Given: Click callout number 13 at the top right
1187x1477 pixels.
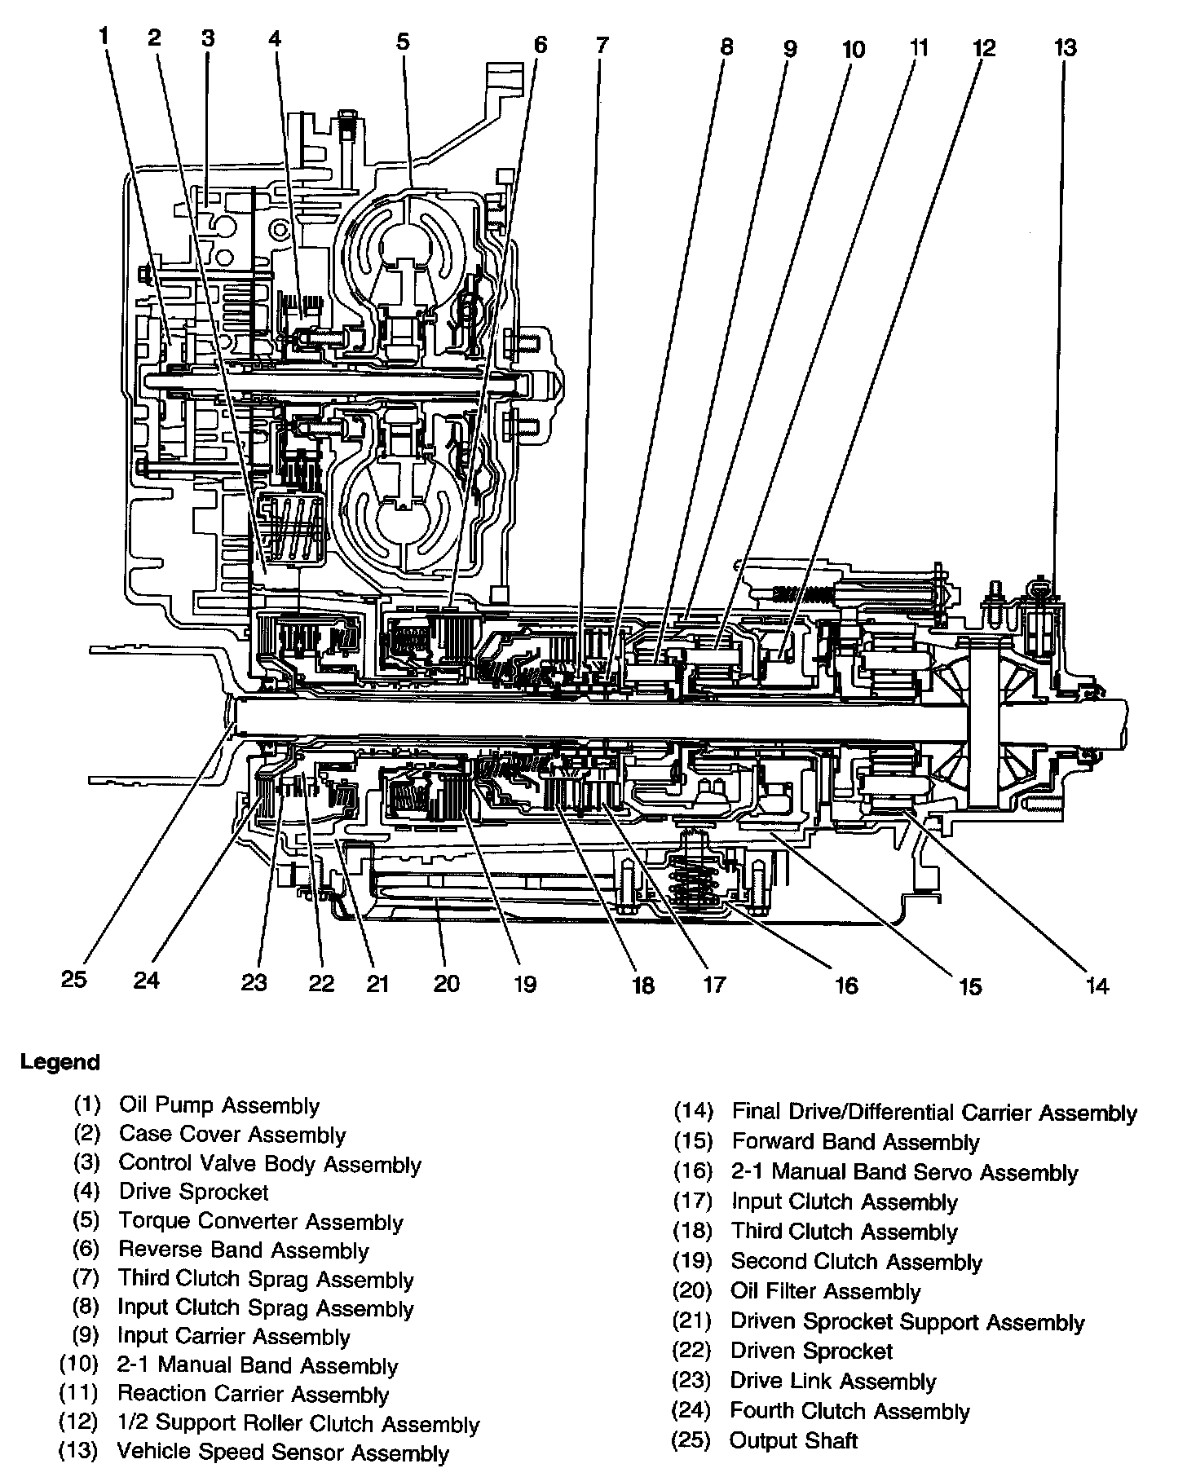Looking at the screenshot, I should [1065, 48].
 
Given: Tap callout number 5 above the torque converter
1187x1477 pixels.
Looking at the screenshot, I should [404, 42].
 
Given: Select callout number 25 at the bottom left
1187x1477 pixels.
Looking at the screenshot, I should [73, 978].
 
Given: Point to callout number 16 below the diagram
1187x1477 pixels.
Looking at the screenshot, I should [846, 985].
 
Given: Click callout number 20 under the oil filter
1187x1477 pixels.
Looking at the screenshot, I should [447, 984].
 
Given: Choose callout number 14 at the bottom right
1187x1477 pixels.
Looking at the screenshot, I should [1097, 985].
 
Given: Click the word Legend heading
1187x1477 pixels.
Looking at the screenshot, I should [60, 1062].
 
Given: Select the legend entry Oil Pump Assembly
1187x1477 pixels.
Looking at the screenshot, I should [219, 1105].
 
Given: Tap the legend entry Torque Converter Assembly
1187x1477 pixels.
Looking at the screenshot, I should [261, 1222].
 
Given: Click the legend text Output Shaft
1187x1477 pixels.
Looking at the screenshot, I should [793, 1440].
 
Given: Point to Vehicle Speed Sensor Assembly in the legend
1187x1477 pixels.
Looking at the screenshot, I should [283, 1452].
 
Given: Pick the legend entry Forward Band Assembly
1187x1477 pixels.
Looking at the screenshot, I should [855, 1142].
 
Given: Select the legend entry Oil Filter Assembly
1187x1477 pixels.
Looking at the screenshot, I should [825, 1291].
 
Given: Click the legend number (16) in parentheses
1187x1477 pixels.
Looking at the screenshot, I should [693, 1172].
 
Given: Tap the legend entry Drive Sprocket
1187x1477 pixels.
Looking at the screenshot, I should [193, 1192].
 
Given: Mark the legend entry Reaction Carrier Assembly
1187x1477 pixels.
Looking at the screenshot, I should [253, 1394].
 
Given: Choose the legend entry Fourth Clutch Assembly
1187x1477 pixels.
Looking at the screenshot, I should [849, 1411].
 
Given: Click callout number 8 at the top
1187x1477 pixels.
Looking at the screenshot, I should [726, 47].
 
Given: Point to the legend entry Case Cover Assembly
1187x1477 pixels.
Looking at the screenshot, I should [232, 1135].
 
